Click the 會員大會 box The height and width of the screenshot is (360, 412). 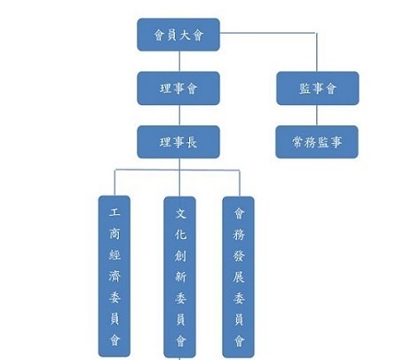[x=178, y=35]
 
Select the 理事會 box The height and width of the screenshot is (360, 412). [x=178, y=88]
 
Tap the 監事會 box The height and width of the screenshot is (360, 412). [x=318, y=88]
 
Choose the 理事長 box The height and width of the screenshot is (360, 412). [x=178, y=142]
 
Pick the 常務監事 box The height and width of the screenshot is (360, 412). [x=317, y=142]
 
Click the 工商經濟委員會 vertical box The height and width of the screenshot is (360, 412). [x=115, y=276]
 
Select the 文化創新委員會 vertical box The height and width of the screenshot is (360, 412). [x=180, y=277]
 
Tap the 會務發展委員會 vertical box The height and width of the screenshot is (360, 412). [x=239, y=277]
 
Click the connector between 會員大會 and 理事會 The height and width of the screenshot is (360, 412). [x=179, y=61]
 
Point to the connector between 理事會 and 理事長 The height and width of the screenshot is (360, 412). [x=179, y=116]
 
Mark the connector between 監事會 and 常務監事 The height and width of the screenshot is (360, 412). [x=317, y=116]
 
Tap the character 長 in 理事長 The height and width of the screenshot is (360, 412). [x=192, y=142]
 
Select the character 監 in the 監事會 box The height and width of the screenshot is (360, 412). [x=305, y=89]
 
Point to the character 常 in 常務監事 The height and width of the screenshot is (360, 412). [x=297, y=142]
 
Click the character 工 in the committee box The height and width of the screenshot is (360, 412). [x=115, y=212]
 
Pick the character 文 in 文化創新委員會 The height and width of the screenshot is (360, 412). [x=180, y=213]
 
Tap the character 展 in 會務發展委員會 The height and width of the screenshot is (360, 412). [x=239, y=277]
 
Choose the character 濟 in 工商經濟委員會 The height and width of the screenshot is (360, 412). [x=115, y=276]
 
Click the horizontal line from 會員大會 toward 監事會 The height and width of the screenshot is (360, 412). [x=268, y=33]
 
